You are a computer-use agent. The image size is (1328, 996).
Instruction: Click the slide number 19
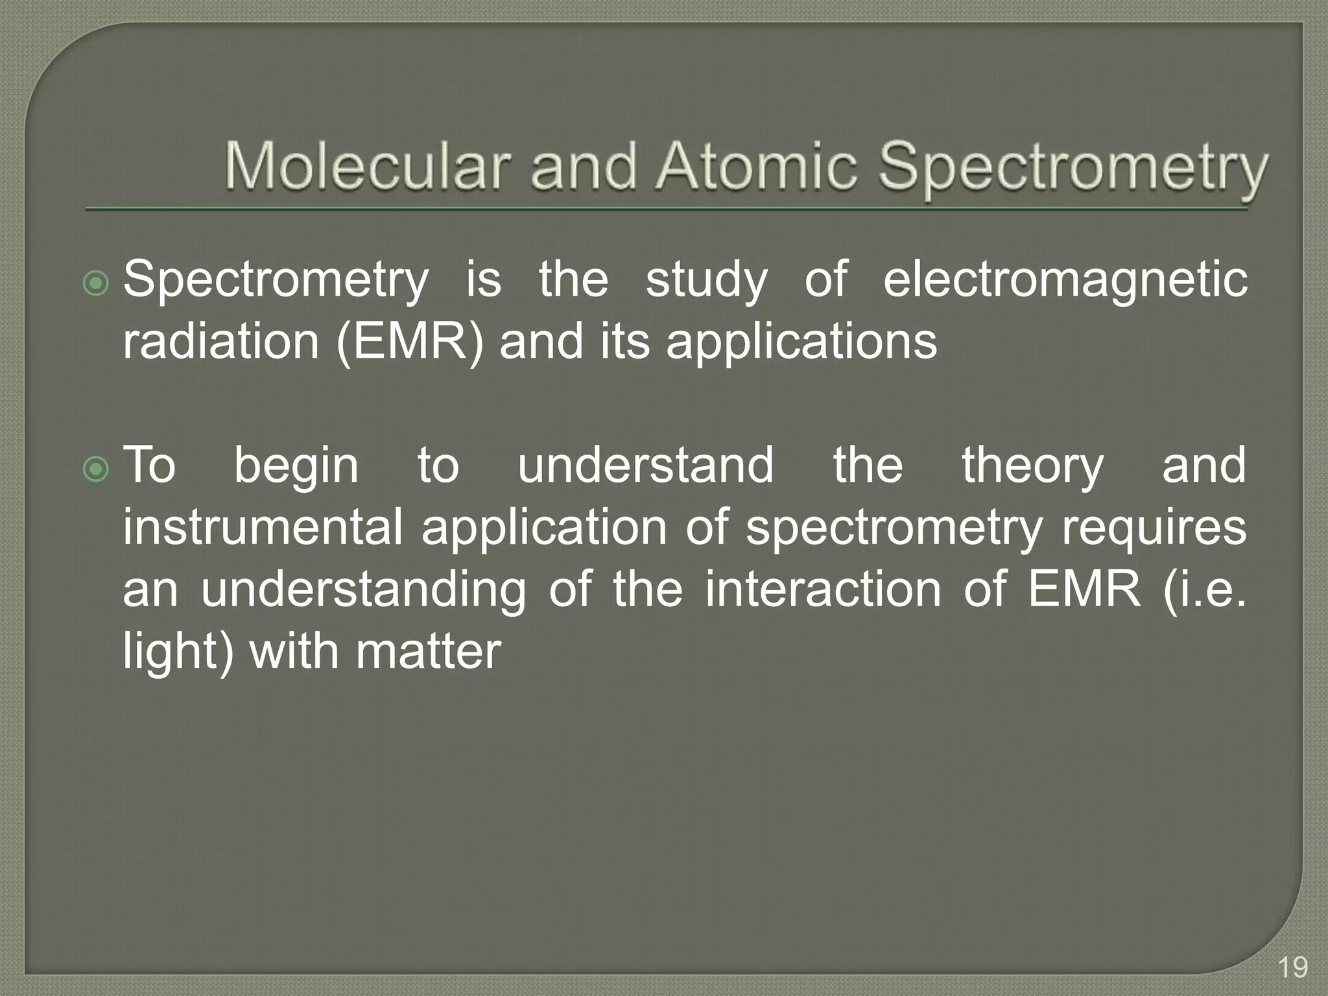coord(1292,968)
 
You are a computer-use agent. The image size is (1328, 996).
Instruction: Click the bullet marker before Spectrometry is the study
coord(97,283)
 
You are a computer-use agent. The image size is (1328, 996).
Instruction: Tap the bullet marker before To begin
coord(97,469)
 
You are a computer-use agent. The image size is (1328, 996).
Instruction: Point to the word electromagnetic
coord(1065,280)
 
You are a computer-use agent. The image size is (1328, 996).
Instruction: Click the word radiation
coord(220,342)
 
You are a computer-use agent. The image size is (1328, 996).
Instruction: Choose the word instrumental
coord(263,527)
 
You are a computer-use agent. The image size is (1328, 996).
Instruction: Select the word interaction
coord(823,589)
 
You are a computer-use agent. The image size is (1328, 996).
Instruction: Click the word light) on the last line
coord(178,652)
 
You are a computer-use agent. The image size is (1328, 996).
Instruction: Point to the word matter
coord(428,651)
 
